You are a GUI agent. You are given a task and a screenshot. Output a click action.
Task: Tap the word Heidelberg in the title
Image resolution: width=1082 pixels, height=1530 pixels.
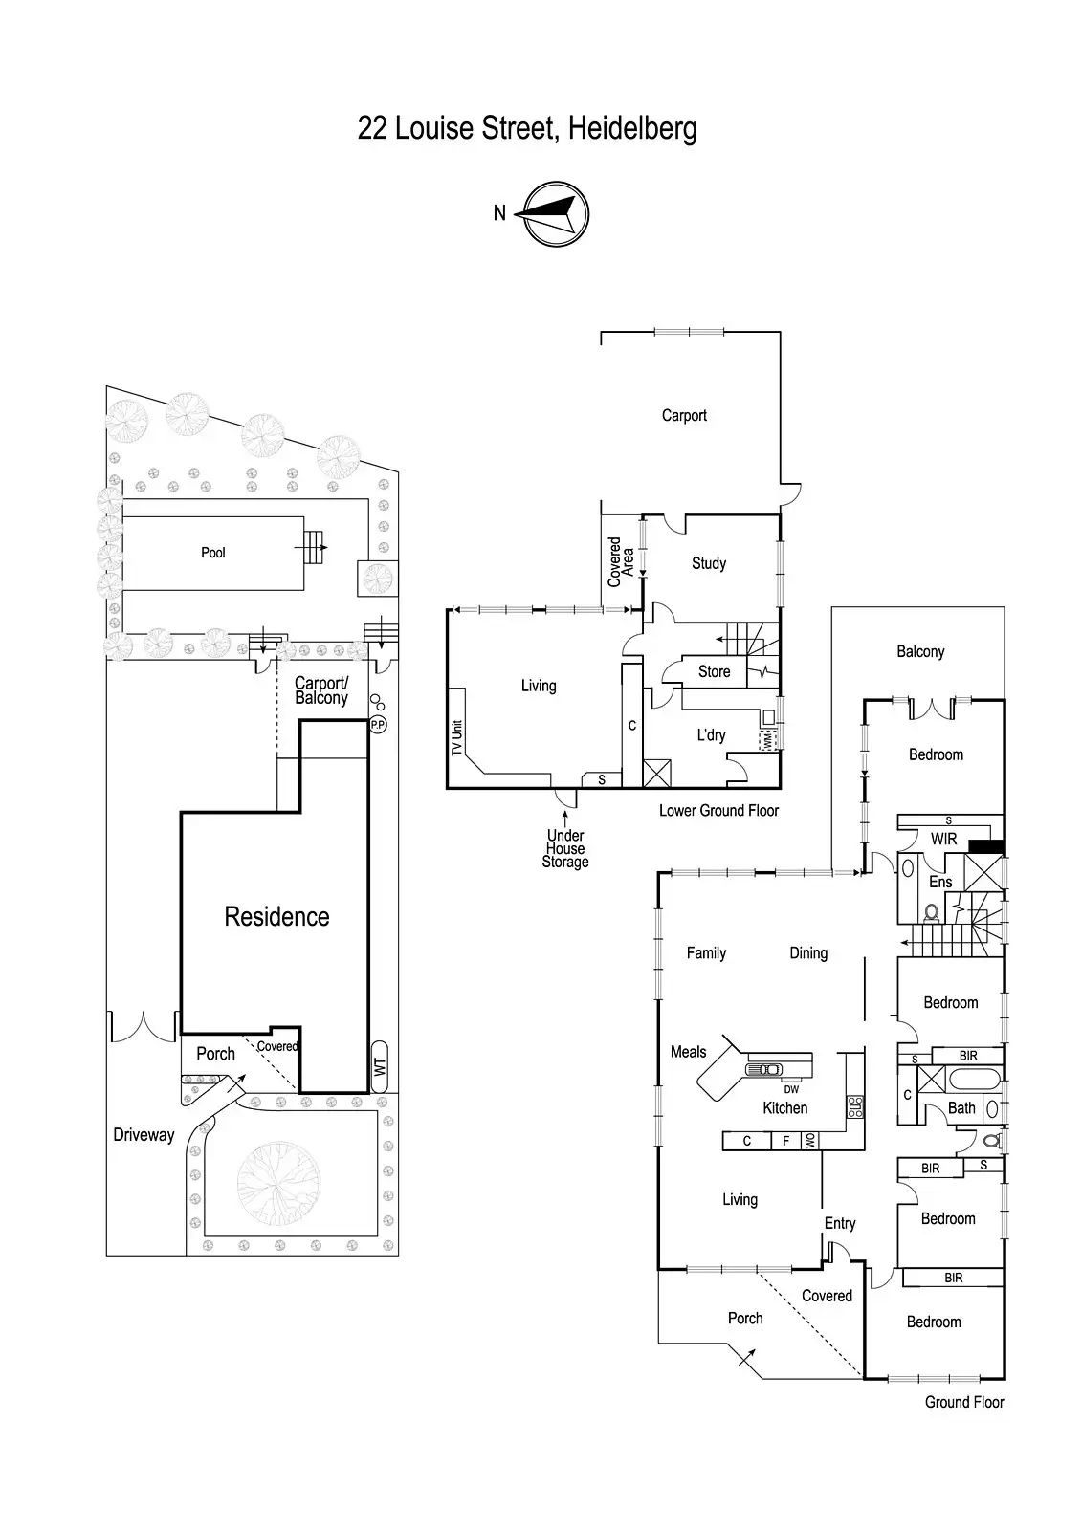click(x=632, y=128)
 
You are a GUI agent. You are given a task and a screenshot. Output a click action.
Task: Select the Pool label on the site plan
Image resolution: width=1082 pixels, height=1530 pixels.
click(x=213, y=553)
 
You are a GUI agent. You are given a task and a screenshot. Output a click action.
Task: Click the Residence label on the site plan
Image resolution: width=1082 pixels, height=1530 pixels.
click(x=276, y=917)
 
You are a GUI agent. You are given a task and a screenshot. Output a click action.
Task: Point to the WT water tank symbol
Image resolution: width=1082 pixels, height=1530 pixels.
click(x=380, y=1066)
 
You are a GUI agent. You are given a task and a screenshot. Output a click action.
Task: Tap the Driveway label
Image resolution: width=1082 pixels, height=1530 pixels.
click(x=144, y=1135)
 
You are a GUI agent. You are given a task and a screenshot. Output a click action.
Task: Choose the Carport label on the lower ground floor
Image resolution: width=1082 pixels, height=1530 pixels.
click(x=684, y=416)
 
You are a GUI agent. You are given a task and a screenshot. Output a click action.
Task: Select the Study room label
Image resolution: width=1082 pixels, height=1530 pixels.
click(x=709, y=564)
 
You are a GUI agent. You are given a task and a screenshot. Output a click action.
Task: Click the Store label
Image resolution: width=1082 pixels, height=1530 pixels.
click(x=714, y=672)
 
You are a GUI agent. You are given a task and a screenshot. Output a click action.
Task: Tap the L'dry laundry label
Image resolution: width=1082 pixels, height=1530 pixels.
click(x=711, y=735)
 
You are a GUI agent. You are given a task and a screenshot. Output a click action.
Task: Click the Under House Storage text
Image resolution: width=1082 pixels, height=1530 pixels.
click(x=565, y=849)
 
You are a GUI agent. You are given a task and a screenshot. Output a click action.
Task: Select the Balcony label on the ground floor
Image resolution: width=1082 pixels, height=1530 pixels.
click(x=920, y=652)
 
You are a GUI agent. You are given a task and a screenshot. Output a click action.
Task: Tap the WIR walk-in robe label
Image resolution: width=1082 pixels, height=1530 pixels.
click(x=943, y=839)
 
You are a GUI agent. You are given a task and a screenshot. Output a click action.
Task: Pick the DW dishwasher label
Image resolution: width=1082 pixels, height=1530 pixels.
click(x=791, y=1089)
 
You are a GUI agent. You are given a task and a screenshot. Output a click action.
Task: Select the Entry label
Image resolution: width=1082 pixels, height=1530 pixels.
click(x=840, y=1224)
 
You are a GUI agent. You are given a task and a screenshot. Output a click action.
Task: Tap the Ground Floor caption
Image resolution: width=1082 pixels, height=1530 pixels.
click(x=964, y=1403)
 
